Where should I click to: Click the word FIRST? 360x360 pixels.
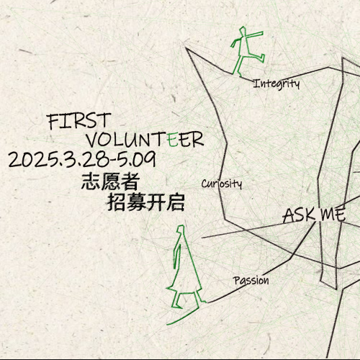pos(79,121)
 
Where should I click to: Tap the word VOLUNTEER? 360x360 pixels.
pos(145,140)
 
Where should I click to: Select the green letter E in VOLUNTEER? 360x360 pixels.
pos(173,139)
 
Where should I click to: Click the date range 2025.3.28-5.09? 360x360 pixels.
pos(82,160)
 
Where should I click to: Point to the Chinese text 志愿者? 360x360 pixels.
pos(110,181)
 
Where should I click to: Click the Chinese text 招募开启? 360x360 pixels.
pos(146,202)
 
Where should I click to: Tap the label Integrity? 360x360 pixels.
pos(276,84)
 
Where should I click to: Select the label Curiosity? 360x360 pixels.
pos(222,184)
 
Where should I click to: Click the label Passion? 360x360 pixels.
pos(251,281)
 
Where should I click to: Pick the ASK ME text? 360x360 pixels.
pos(315,215)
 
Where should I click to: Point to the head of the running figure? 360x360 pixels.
pos(243,31)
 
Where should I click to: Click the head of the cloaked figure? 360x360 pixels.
pos(181,229)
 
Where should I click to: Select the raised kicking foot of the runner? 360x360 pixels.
pos(262,58)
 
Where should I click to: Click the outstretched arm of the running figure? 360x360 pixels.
pos(255,35)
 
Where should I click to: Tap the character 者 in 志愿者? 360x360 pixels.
pos(130,181)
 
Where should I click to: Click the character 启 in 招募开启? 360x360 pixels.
pos(176,202)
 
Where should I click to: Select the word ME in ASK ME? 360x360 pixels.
pos(333,215)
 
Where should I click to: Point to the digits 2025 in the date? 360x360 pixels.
pos(32,160)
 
